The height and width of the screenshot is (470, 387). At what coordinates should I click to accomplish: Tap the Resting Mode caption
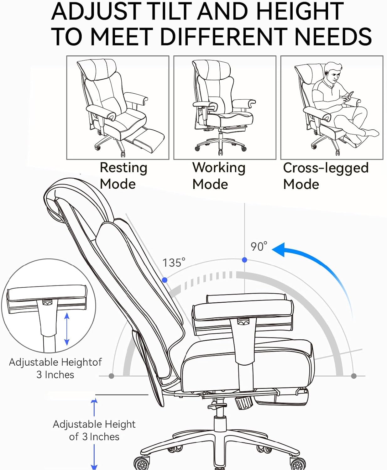tap(123, 175)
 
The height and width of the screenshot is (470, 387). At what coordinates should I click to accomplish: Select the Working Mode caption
tap(218, 175)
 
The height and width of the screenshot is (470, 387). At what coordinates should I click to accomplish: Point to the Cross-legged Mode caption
tap(325, 175)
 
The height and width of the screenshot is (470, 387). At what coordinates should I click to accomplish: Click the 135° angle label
tap(174, 263)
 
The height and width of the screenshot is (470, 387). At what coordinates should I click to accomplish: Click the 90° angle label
tap(259, 246)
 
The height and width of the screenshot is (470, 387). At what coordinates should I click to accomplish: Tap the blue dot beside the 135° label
tap(165, 280)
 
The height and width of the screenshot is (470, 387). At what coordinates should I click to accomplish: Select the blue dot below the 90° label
tap(244, 260)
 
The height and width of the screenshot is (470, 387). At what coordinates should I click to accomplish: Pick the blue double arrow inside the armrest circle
tap(66, 329)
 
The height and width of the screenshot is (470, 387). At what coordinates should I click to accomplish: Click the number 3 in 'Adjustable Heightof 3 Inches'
tap(39, 375)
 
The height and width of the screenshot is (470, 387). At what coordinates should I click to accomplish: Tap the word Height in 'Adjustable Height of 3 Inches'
tap(120, 424)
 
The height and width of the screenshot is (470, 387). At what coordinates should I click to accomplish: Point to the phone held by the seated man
tap(350, 95)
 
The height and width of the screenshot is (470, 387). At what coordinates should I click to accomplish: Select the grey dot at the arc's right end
tap(354, 376)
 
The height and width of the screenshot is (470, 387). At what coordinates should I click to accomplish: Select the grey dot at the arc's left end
tap(111, 376)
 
